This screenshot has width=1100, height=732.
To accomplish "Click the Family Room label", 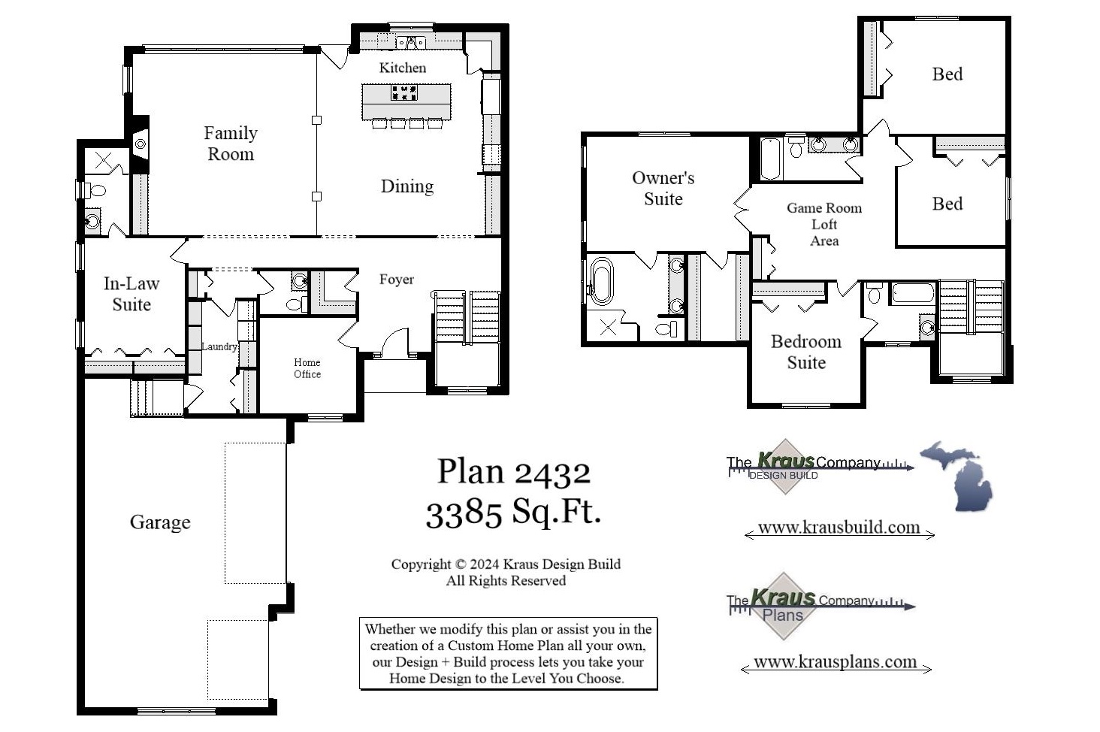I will (x=231, y=144).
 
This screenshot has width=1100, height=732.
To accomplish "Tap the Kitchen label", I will (x=402, y=68).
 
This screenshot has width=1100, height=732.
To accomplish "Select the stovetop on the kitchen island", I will (x=403, y=93).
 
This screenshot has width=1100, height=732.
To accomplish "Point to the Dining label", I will (x=406, y=186).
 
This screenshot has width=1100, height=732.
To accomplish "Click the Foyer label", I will (x=396, y=280).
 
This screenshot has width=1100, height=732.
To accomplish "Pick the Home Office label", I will (x=307, y=368).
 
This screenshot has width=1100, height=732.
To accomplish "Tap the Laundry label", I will (x=219, y=346).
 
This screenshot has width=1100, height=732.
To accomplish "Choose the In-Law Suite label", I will (x=131, y=294).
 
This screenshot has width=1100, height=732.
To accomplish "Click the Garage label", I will (x=160, y=522).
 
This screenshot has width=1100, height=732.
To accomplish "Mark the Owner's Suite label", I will (x=663, y=189).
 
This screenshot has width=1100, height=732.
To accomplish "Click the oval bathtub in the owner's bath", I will (x=601, y=281).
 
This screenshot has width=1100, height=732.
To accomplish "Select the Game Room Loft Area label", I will (x=823, y=224).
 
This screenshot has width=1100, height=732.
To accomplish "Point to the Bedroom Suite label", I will (x=805, y=352).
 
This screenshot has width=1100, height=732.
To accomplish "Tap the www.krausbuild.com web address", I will (x=839, y=528).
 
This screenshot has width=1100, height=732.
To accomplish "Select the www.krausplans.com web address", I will (x=835, y=662).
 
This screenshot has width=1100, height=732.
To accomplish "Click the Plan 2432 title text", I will (x=514, y=472).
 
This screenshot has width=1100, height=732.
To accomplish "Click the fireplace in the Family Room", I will (x=140, y=144).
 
